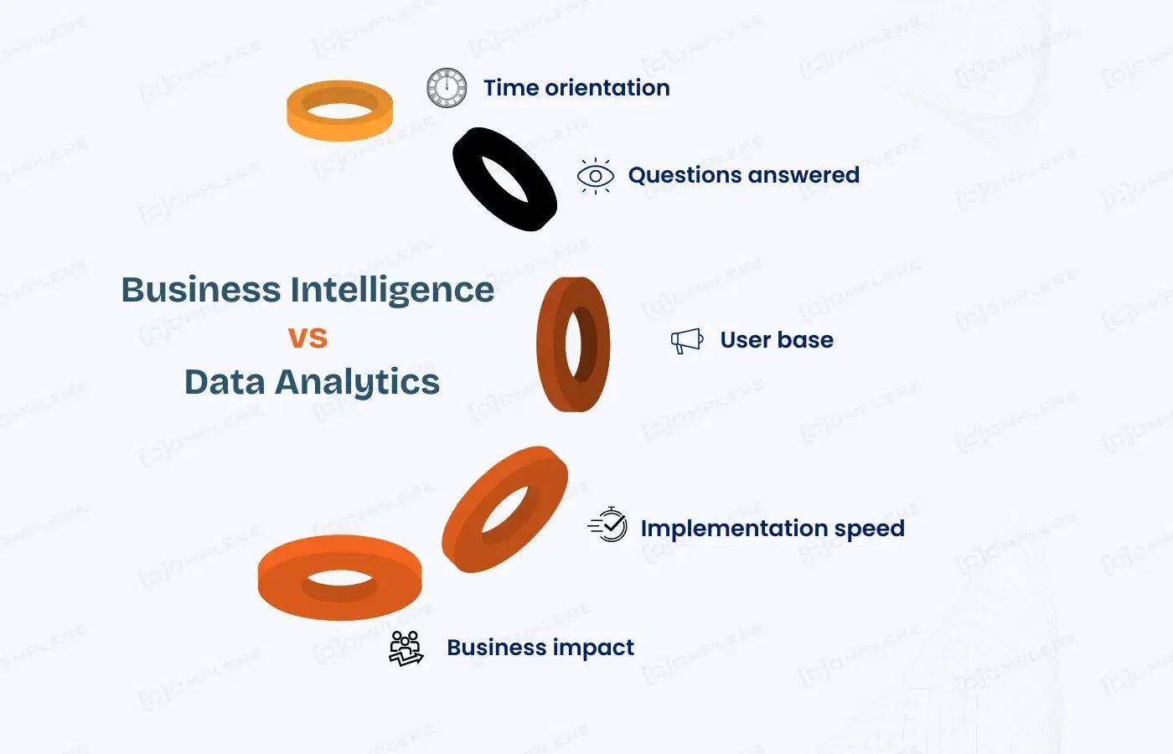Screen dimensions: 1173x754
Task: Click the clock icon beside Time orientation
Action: [446, 87]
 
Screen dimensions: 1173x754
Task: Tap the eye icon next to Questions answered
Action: [596, 176]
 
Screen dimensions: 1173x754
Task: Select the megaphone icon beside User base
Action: [687, 341]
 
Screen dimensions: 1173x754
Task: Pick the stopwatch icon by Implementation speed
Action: [607, 524]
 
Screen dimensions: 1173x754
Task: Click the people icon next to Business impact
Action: [406, 648]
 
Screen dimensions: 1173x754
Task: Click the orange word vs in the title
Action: [308, 337]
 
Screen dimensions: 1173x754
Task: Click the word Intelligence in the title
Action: [392, 291]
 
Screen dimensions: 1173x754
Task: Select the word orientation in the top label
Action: [607, 88]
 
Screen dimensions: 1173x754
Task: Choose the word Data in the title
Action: [225, 382]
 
